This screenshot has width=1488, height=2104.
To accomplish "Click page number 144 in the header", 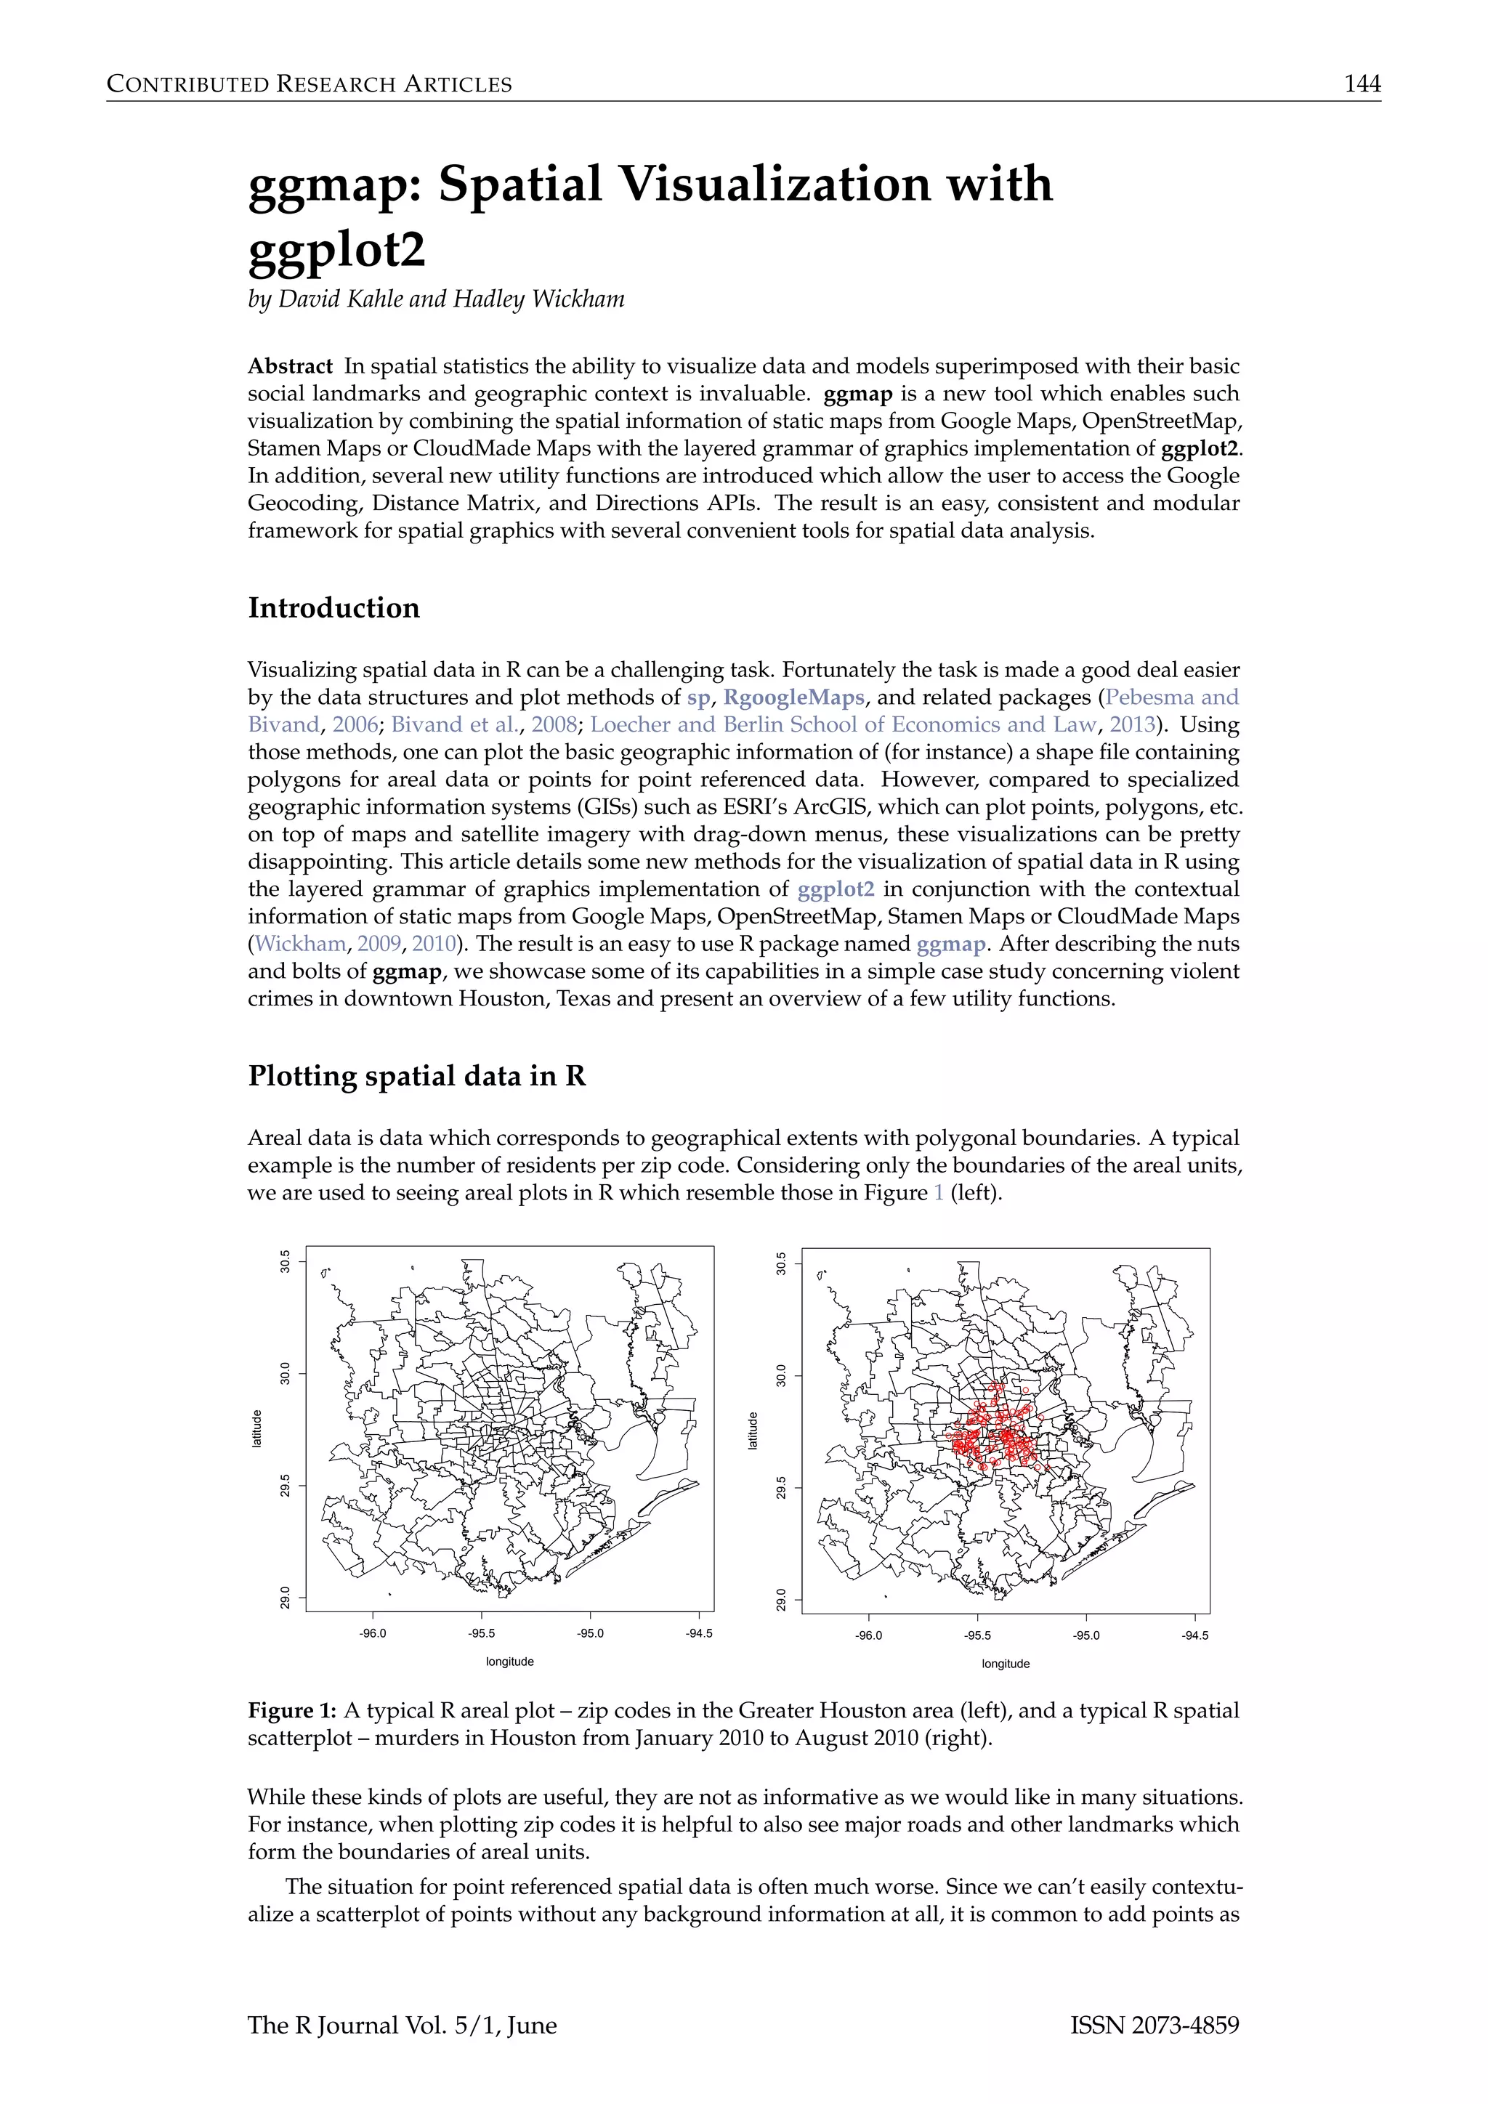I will pyautogui.click(x=1362, y=84).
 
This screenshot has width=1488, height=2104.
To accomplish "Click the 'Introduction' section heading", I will pyautogui.click(x=333, y=607).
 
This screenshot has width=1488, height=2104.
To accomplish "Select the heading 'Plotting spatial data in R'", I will pyautogui.click(x=416, y=1075).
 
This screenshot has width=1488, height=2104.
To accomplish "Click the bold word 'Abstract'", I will pyautogui.click(x=290, y=367).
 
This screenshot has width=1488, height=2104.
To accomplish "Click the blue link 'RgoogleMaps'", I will pyautogui.click(x=793, y=697).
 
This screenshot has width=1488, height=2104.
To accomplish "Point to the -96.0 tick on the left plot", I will pyautogui.click(x=373, y=1633).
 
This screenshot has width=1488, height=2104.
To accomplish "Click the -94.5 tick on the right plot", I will pyautogui.click(x=1194, y=1635).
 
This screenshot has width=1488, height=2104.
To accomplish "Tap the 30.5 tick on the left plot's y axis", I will pyautogui.click(x=285, y=1262).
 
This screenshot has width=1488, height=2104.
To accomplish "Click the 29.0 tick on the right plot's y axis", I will pyautogui.click(x=780, y=1600).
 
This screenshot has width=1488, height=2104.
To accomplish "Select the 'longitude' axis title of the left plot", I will pyautogui.click(x=509, y=1662).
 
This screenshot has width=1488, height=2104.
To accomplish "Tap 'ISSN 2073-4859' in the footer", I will pyautogui.click(x=1154, y=2026).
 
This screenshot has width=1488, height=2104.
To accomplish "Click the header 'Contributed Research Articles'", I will pyautogui.click(x=309, y=84).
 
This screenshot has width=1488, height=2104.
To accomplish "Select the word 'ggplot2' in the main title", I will pyautogui.click(x=336, y=249).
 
